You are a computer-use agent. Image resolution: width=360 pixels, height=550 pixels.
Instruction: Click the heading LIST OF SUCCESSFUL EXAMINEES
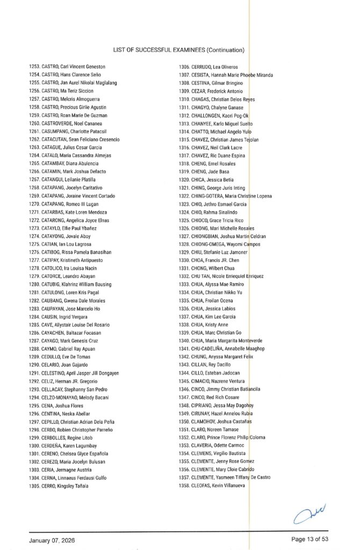pyautogui.click(x=179, y=50)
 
